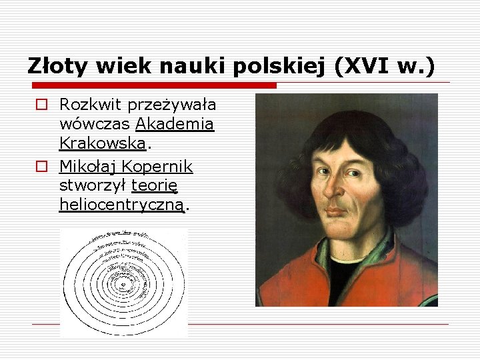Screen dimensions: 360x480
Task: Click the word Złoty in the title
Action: pyautogui.click(x=59, y=66)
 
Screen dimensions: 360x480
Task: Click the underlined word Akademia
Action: pyautogui.click(x=175, y=124)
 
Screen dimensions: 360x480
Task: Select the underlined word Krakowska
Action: pyautogui.click(x=102, y=143)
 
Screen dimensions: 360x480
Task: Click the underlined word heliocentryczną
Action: pyautogui.click(x=121, y=205)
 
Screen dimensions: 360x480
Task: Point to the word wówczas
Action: pyautogui.click(x=95, y=124)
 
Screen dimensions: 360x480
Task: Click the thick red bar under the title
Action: pyautogui.click(x=153, y=86)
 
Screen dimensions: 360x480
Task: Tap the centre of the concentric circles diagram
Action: pyautogui.click(x=123, y=283)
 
